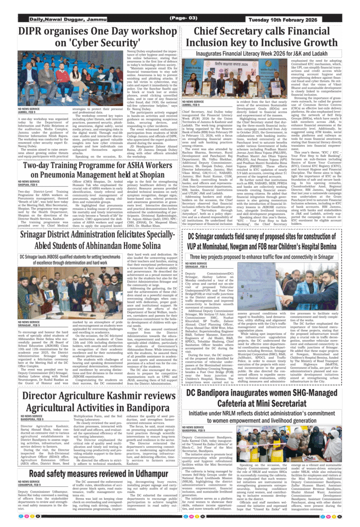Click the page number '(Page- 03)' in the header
coord(179,18)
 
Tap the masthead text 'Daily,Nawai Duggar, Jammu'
coord(58,19)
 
